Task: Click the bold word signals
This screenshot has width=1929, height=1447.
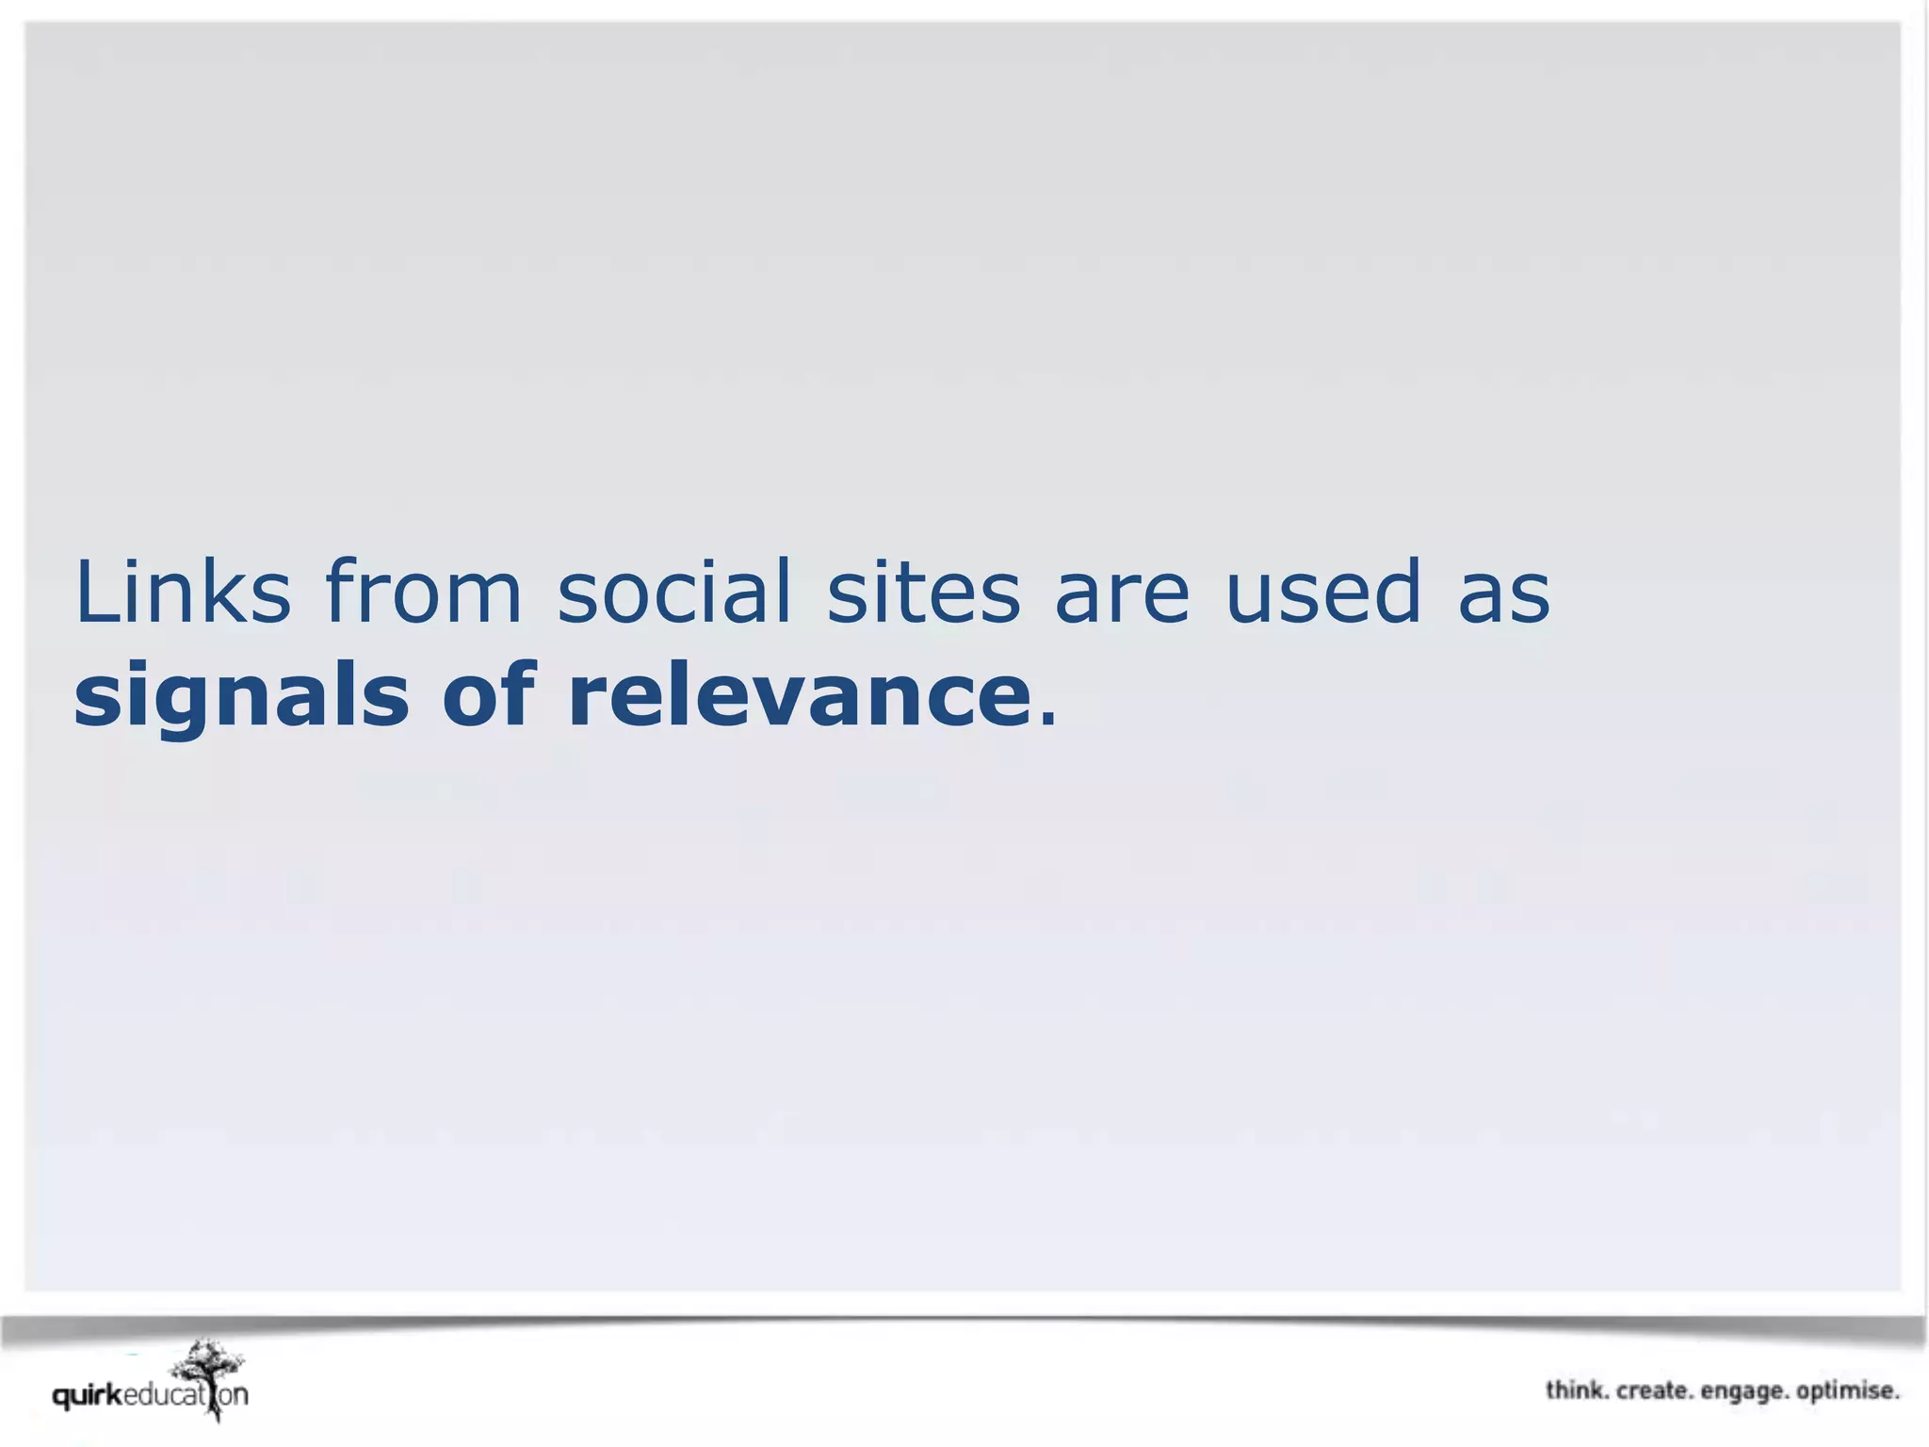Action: pos(241,697)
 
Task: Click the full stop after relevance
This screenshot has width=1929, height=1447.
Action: pos(1046,722)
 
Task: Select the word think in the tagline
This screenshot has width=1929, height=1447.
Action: pos(1575,1390)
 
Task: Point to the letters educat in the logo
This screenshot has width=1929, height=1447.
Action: pos(163,1395)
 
